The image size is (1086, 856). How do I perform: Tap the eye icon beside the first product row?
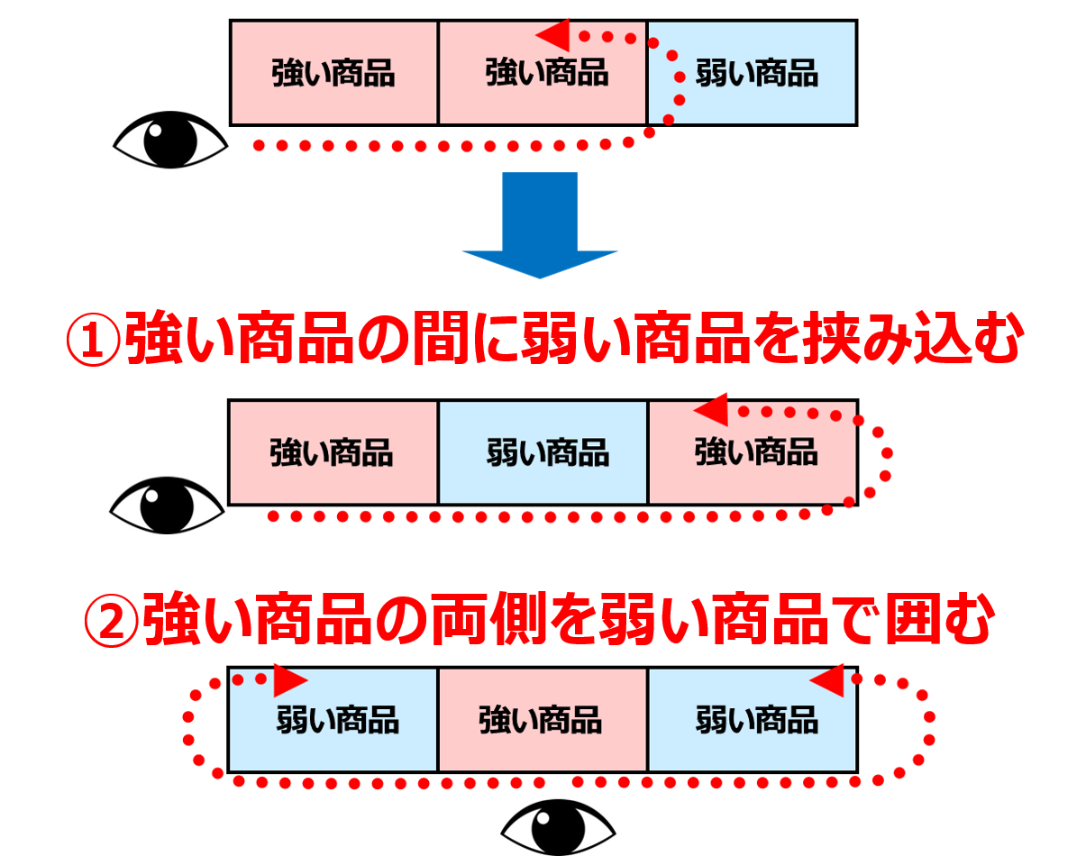click(x=169, y=140)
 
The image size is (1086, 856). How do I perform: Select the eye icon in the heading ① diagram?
click(x=167, y=505)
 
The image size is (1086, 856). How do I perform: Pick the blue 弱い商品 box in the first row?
click(x=752, y=73)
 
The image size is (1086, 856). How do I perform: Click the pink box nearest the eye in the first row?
click(x=334, y=73)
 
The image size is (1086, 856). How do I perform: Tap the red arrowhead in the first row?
click(x=553, y=35)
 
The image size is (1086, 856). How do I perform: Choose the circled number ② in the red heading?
click(x=110, y=619)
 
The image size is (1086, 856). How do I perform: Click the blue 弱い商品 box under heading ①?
click(x=543, y=452)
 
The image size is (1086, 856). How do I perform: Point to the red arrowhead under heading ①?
click(x=711, y=411)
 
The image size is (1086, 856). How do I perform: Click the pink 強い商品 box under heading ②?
click(x=543, y=720)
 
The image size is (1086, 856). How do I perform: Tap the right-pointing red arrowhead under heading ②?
click(x=290, y=678)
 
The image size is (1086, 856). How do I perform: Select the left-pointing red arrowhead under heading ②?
click(x=827, y=680)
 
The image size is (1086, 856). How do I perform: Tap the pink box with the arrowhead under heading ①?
click(x=752, y=452)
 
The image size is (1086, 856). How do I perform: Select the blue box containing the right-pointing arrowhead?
click(x=334, y=720)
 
